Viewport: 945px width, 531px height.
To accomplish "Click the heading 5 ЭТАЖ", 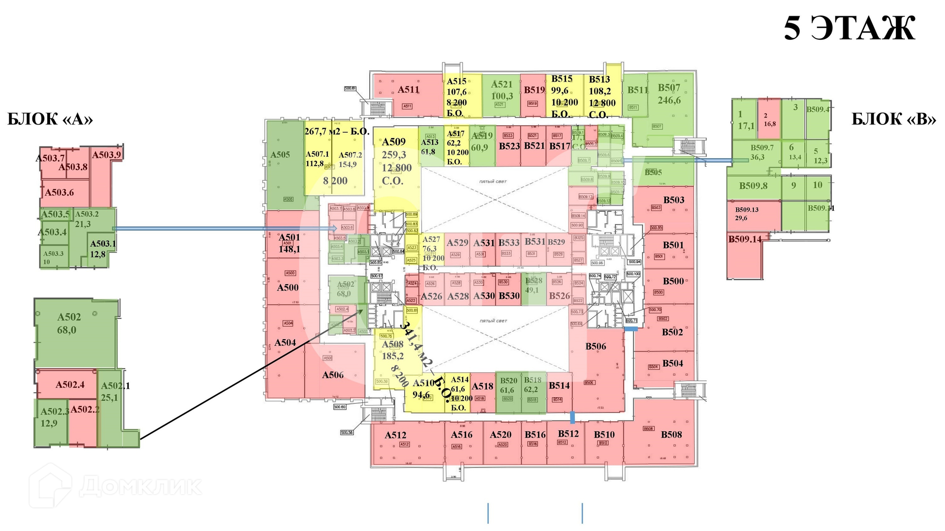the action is click(849, 29).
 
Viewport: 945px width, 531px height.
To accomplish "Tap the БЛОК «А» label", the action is click(50, 119).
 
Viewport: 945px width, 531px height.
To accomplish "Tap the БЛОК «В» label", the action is click(894, 119).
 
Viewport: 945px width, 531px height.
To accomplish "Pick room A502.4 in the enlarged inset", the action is click(69, 384).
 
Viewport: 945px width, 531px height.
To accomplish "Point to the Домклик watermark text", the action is click(140, 486).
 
